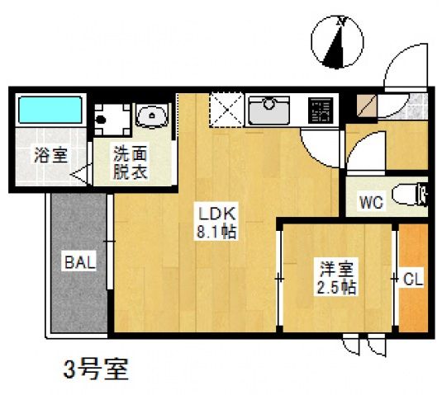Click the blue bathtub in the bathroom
[x=50, y=109]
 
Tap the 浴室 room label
[x=50, y=154]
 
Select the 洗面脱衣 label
[x=131, y=162]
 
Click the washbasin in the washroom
[x=151, y=116]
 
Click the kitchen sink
[x=269, y=108]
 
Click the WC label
[x=369, y=203]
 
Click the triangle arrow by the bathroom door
[x=83, y=174]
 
